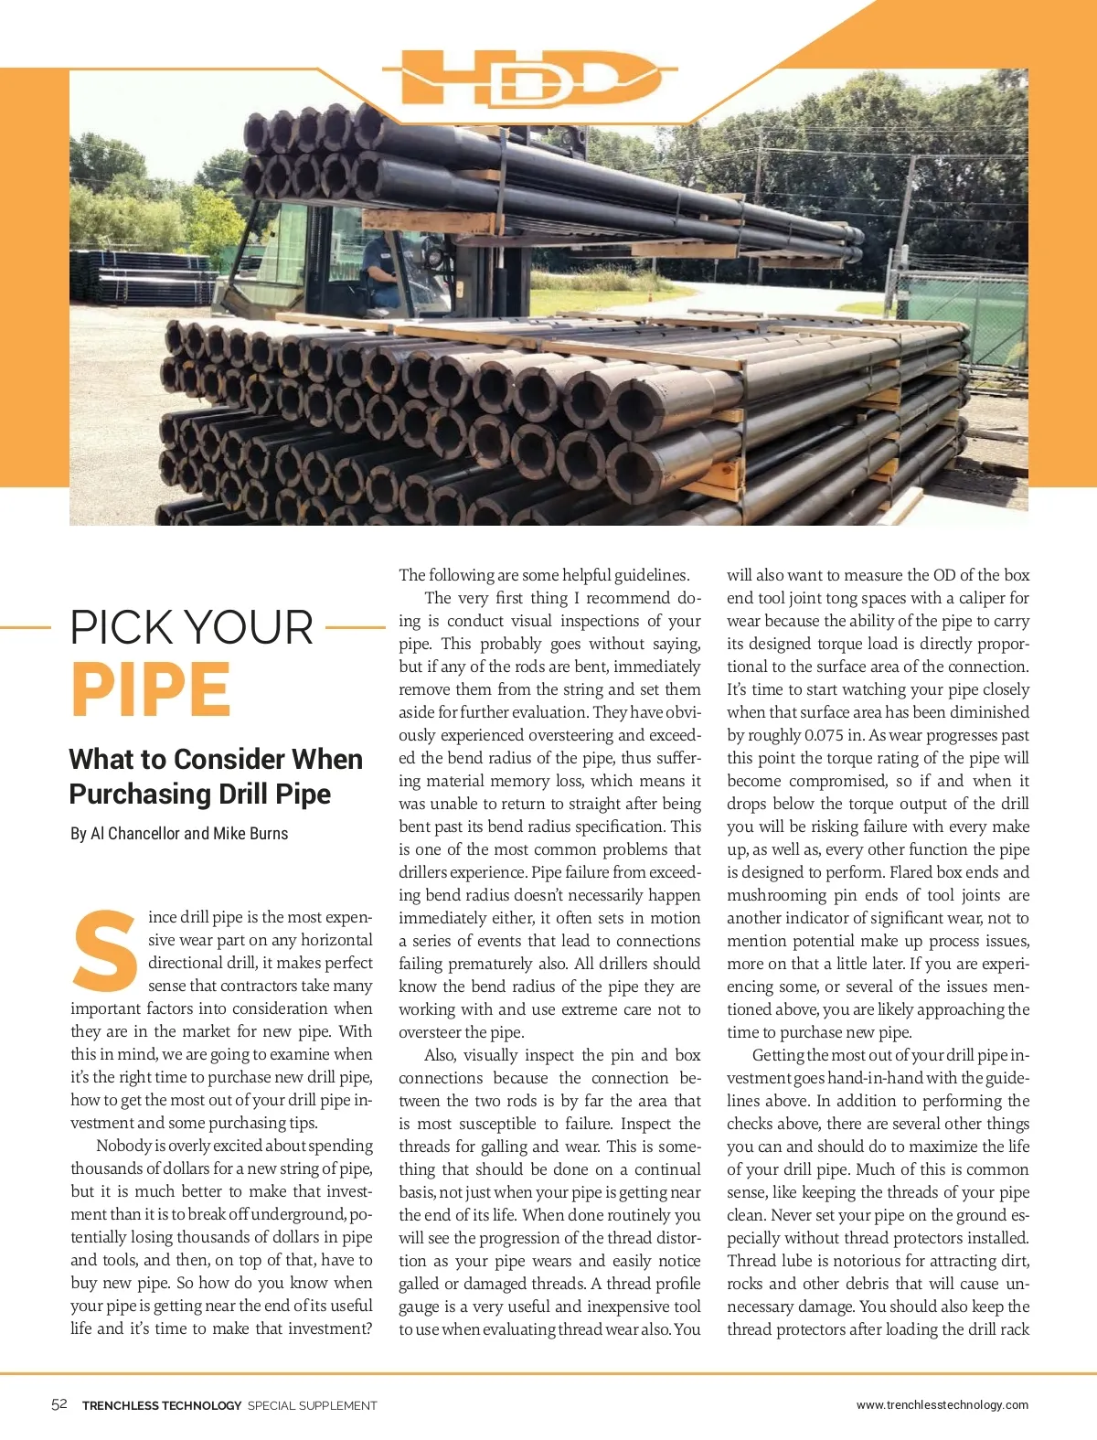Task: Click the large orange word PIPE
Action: tap(151, 690)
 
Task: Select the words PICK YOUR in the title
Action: tap(192, 628)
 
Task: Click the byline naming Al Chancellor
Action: tap(179, 834)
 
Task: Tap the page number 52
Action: tap(59, 1404)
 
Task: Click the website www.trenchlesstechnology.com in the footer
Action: tap(942, 1404)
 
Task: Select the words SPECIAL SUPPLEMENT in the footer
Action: tap(312, 1405)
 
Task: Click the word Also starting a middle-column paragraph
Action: tap(440, 1055)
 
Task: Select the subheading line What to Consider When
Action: tap(216, 759)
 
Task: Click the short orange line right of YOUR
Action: tap(356, 628)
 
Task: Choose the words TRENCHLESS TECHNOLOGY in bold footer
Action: tap(162, 1405)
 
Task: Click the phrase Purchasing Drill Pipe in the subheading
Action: tap(199, 794)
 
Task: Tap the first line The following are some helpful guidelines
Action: tap(544, 575)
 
